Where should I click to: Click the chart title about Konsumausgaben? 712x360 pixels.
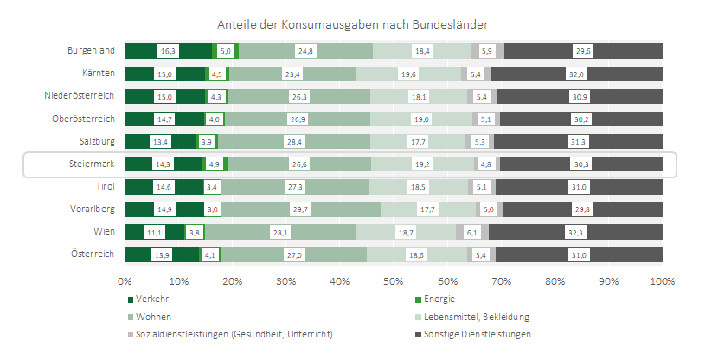[356, 22]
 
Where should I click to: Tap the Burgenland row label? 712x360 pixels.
[91, 51]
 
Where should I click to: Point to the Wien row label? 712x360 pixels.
[104, 232]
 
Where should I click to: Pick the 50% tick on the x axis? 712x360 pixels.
[394, 281]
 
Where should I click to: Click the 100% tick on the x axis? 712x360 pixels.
[662, 281]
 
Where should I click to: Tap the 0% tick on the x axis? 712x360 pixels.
[125, 281]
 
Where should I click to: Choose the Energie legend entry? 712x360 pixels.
[439, 299]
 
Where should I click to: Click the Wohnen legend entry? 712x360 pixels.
[151, 317]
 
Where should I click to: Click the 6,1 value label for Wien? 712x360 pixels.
[471, 232]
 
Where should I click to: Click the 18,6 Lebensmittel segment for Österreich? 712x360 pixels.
[415, 254]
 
